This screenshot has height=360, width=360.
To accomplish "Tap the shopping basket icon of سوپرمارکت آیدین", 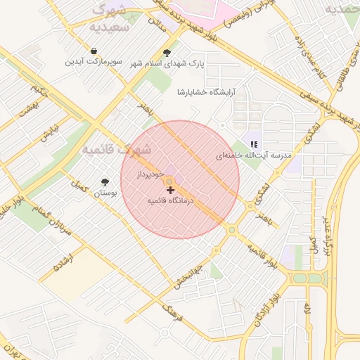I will [94, 51].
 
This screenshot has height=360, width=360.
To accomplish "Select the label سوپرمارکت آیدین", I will [94, 62].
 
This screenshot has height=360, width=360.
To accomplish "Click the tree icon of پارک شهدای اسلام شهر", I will [167, 53].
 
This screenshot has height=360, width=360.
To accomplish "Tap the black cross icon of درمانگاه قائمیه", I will [170, 190].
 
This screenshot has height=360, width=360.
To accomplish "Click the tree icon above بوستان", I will [105, 181].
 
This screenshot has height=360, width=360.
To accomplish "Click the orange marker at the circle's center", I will [170, 183].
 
